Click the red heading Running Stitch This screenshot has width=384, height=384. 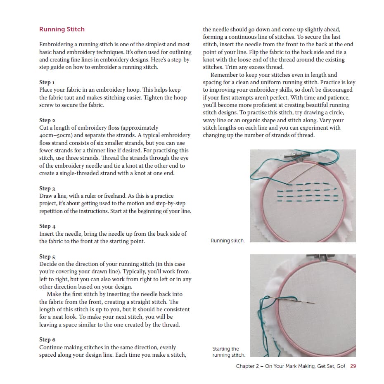[x=62, y=29]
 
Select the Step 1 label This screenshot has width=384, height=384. [x=47, y=82]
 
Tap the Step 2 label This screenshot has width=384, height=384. [x=47, y=120]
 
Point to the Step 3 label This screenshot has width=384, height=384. [x=47, y=188]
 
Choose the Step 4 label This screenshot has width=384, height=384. [x=47, y=226]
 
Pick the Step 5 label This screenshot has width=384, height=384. [x=47, y=256]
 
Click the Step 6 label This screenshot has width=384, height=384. [x=47, y=340]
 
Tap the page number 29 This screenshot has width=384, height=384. [x=353, y=366]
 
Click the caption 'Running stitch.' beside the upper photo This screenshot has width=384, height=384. [x=228, y=241]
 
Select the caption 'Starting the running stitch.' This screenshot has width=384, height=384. [x=228, y=352]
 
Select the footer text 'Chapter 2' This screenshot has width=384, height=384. [x=248, y=366]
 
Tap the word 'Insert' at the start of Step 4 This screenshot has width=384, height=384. [x=47, y=234]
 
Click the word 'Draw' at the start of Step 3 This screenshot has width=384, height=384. [x=46, y=196]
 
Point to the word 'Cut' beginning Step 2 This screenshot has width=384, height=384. [x=44, y=128]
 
